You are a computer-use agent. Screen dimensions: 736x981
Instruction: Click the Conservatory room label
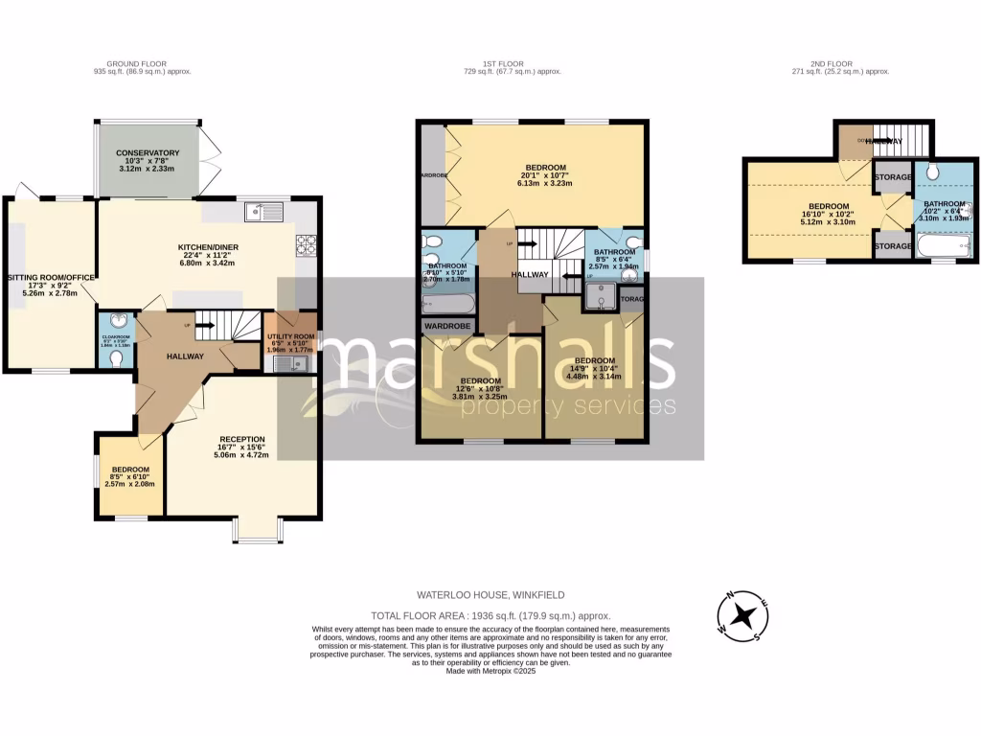tap(148, 153)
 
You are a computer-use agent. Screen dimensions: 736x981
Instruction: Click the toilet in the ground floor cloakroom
tap(115, 358)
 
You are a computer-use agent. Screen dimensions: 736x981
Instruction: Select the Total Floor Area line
tap(490, 615)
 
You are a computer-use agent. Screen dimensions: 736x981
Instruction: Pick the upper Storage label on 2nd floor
tap(892, 177)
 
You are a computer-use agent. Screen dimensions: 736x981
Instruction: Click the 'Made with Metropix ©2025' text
tap(490, 671)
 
